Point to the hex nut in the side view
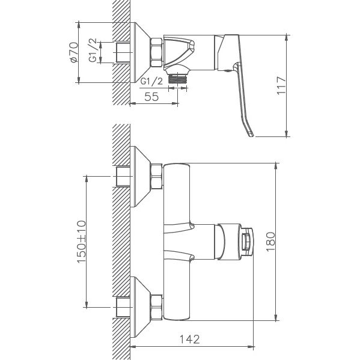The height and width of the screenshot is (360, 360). pyautogui.click(x=156, y=52)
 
